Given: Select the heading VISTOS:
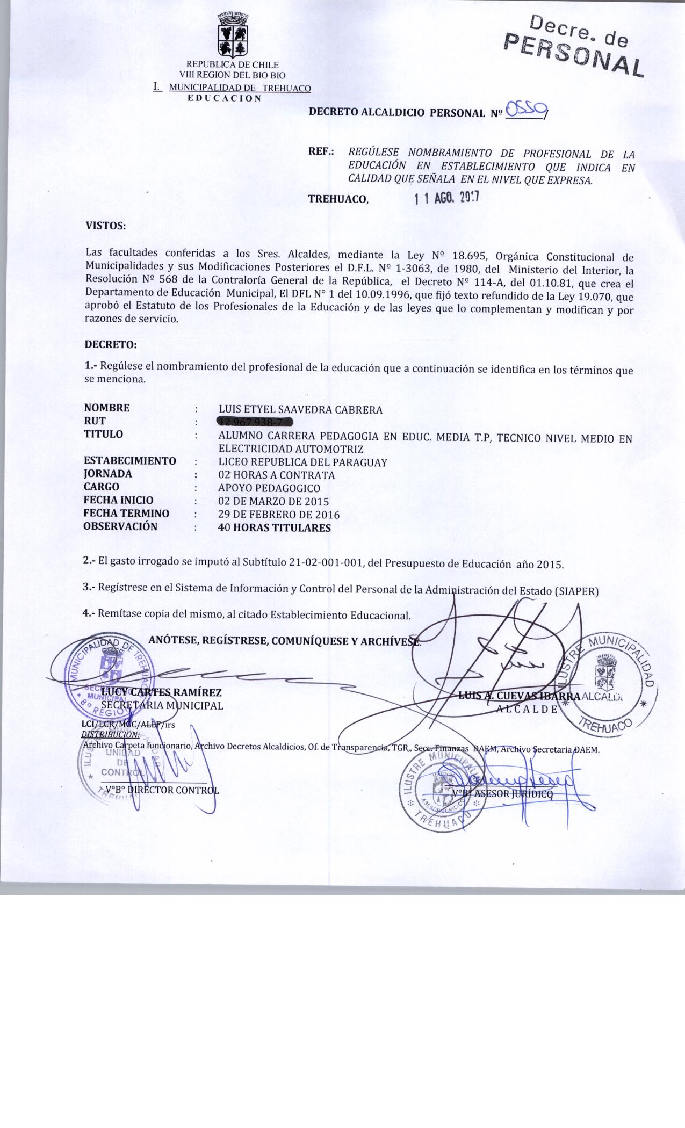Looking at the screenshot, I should [106, 226].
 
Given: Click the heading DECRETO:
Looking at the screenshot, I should [111, 344].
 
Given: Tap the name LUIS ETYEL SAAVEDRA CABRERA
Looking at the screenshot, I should [300, 410].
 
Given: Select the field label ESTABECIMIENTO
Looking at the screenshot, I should [130, 461].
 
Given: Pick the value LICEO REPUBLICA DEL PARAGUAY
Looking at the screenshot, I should [302, 462].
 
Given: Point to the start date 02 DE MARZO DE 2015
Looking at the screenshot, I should [273, 502].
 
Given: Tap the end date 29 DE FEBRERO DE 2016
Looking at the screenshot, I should [279, 515].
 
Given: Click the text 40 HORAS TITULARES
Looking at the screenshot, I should [275, 528].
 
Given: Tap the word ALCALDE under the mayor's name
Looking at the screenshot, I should [527, 708].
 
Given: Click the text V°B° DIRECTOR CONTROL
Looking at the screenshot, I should [162, 790].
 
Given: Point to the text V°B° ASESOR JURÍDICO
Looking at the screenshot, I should [503, 794].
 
